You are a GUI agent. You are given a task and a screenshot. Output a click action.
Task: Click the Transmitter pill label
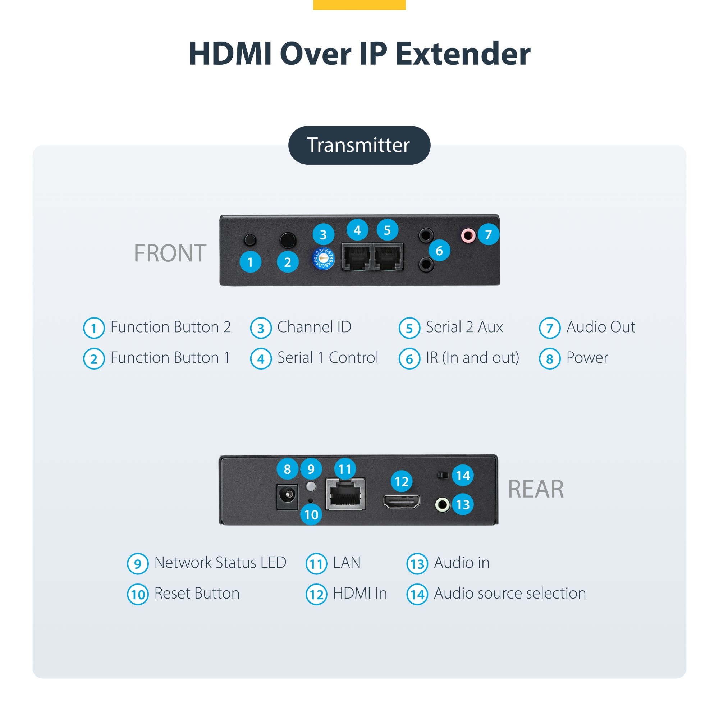(x=359, y=145)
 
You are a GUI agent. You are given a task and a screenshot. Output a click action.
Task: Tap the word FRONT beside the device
(x=170, y=253)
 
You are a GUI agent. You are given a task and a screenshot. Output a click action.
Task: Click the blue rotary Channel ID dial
(x=323, y=258)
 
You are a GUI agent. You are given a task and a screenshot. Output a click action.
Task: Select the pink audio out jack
(x=468, y=235)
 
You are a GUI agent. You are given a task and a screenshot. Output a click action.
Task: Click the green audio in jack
(x=443, y=505)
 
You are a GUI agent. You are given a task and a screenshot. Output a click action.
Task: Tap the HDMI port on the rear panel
(x=402, y=501)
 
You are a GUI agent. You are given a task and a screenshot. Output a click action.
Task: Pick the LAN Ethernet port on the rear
(x=345, y=494)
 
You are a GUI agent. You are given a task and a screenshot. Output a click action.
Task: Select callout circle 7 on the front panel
(x=488, y=234)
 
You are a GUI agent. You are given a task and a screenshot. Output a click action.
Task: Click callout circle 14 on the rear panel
(x=463, y=476)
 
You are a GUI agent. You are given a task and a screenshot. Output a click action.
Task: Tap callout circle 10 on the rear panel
(x=311, y=514)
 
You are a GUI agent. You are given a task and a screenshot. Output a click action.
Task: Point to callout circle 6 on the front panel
(x=439, y=251)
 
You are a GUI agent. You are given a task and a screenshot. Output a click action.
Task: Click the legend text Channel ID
(x=314, y=327)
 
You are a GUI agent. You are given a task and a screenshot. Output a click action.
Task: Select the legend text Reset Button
(x=197, y=593)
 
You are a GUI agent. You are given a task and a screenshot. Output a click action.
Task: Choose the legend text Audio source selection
(x=510, y=593)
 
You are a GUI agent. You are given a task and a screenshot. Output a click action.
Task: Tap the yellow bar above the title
(x=359, y=4)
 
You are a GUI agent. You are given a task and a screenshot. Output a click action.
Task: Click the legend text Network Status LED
(x=220, y=563)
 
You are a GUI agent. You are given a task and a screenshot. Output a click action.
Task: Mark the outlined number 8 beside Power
(x=549, y=359)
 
